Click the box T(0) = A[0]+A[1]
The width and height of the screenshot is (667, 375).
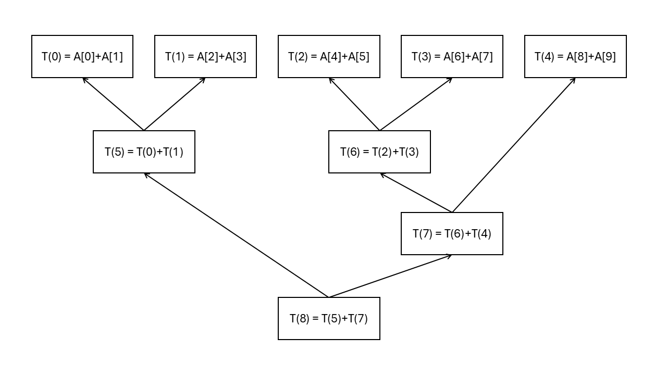[x=82, y=57]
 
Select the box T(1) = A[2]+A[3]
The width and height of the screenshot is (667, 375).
[x=205, y=57]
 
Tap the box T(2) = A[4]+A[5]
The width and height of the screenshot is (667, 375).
[x=329, y=57]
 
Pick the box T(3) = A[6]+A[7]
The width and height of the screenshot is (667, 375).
[x=452, y=57]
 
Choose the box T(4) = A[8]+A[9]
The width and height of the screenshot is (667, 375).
[x=575, y=57]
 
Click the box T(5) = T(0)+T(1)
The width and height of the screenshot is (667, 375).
[x=144, y=152]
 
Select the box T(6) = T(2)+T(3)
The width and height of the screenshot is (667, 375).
[x=379, y=152]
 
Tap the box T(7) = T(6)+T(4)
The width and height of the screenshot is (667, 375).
[x=452, y=233]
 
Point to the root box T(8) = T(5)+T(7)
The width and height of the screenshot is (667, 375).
[x=329, y=318]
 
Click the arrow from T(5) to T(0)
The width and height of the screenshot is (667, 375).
[x=113, y=104]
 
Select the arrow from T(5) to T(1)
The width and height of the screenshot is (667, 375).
[x=175, y=104]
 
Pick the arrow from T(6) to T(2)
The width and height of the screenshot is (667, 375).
[x=354, y=104]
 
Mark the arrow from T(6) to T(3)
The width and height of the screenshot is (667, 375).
[x=416, y=104]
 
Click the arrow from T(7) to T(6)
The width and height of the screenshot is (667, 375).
[x=416, y=193]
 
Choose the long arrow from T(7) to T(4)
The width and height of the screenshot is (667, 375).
[x=514, y=145]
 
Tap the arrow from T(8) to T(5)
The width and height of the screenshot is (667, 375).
[x=236, y=235]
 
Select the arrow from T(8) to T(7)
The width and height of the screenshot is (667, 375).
[x=390, y=276]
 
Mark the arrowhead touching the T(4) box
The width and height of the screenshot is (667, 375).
[x=574, y=80]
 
